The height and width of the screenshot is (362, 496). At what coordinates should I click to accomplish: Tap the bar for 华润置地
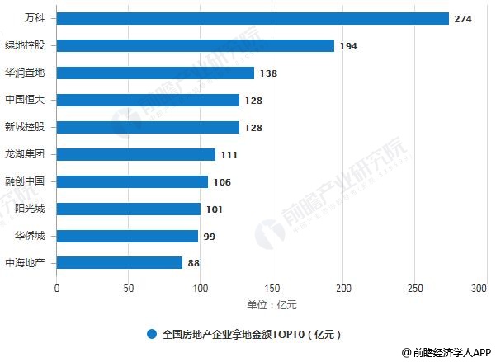point(155,73)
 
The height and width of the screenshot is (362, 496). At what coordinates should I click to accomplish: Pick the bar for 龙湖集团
point(136,154)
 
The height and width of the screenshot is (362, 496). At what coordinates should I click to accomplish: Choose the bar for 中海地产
point(120,263)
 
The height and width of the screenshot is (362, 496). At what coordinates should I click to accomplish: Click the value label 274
point(462,19)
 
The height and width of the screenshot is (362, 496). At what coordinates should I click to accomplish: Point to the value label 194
point(347,46)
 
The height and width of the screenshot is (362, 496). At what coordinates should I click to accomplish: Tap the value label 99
point(209,237)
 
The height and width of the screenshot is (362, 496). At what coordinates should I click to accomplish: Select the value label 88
point(193,264)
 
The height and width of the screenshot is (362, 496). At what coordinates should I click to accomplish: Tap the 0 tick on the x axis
point(57,289)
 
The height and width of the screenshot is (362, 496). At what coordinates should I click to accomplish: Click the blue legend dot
point(151,335)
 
